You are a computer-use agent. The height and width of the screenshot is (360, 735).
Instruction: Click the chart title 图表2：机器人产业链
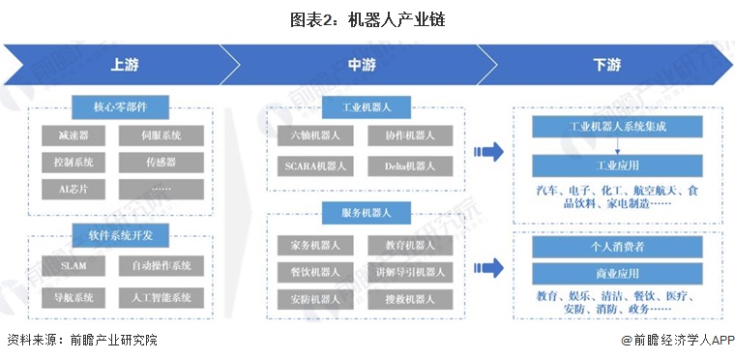[367, 18]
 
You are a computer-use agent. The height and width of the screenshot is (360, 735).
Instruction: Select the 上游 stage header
[123, 66]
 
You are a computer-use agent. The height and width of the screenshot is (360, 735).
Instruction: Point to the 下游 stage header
[606, 66]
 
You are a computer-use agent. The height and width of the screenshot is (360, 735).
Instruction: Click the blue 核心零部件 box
[122, 105]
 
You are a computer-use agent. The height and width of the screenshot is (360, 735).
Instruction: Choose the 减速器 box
[74, 135]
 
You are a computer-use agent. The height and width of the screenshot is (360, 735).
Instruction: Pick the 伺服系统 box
[162, 135]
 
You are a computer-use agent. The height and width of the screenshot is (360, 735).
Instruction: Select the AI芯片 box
[74, 189]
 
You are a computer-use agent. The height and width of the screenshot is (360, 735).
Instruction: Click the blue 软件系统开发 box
[122, 233]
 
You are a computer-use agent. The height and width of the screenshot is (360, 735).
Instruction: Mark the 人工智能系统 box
[162, 297]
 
